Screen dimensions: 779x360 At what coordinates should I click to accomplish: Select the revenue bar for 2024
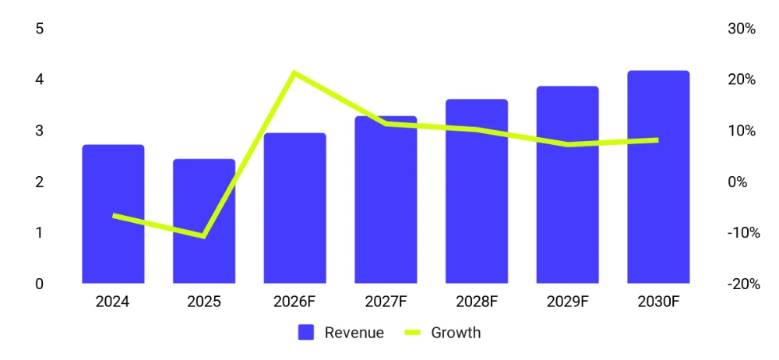tap(113, 214)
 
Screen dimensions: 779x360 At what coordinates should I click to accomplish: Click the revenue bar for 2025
tap(204, 221)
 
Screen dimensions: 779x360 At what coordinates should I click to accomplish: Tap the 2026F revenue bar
tap(295, 208)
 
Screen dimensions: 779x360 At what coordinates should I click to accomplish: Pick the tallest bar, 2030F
tap(658, 177)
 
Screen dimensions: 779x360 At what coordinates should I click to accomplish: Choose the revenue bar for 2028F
tap(477, 192)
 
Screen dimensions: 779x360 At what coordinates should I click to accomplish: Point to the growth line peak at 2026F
tap(294, 73)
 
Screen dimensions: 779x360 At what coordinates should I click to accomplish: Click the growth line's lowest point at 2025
tap(203, 235)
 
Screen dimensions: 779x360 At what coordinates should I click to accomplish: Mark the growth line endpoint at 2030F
tap(657, 140)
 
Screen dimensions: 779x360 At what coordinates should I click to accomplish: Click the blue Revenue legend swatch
tap(306, 332)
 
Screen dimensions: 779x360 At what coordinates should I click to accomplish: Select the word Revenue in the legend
tap(354, 332)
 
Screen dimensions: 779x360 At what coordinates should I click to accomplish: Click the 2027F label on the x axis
tap(386, 302)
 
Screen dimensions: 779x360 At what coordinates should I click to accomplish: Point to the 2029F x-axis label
tap(567, 302)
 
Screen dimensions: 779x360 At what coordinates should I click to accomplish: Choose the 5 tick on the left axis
tap(40, 28)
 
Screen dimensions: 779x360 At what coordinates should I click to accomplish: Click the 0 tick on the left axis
tap(40, 284)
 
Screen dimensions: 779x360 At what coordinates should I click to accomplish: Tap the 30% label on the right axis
tap(742, 29)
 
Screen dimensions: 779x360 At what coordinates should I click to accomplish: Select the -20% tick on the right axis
tap(744, 284)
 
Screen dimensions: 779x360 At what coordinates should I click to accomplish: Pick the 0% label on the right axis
tap(737, 182)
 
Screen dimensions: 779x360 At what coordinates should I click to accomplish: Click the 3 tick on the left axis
tap(40, 131)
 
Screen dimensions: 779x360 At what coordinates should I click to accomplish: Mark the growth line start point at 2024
tap(114, 216)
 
